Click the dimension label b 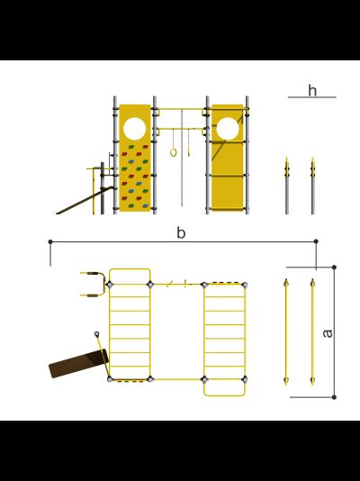(x=181, y=232)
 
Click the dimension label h (x=312, y=90)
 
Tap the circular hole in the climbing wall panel (x=134, y=129)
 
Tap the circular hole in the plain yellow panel (x=228, y=129)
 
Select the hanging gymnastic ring (x=174, y=152)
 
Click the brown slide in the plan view (x=78, y=364)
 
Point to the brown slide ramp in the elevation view (x=84, y=201)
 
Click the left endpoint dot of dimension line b (x=50, y=241)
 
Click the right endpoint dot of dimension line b (x=316, y=241)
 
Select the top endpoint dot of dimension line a (x=334, y=268)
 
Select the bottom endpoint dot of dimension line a (x=334, y=397)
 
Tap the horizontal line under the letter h (x=312, y=97)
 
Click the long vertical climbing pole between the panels (x=182, y=158)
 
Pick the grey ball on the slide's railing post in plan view (x=97, y=334)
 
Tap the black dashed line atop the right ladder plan (x=226, y=283)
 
